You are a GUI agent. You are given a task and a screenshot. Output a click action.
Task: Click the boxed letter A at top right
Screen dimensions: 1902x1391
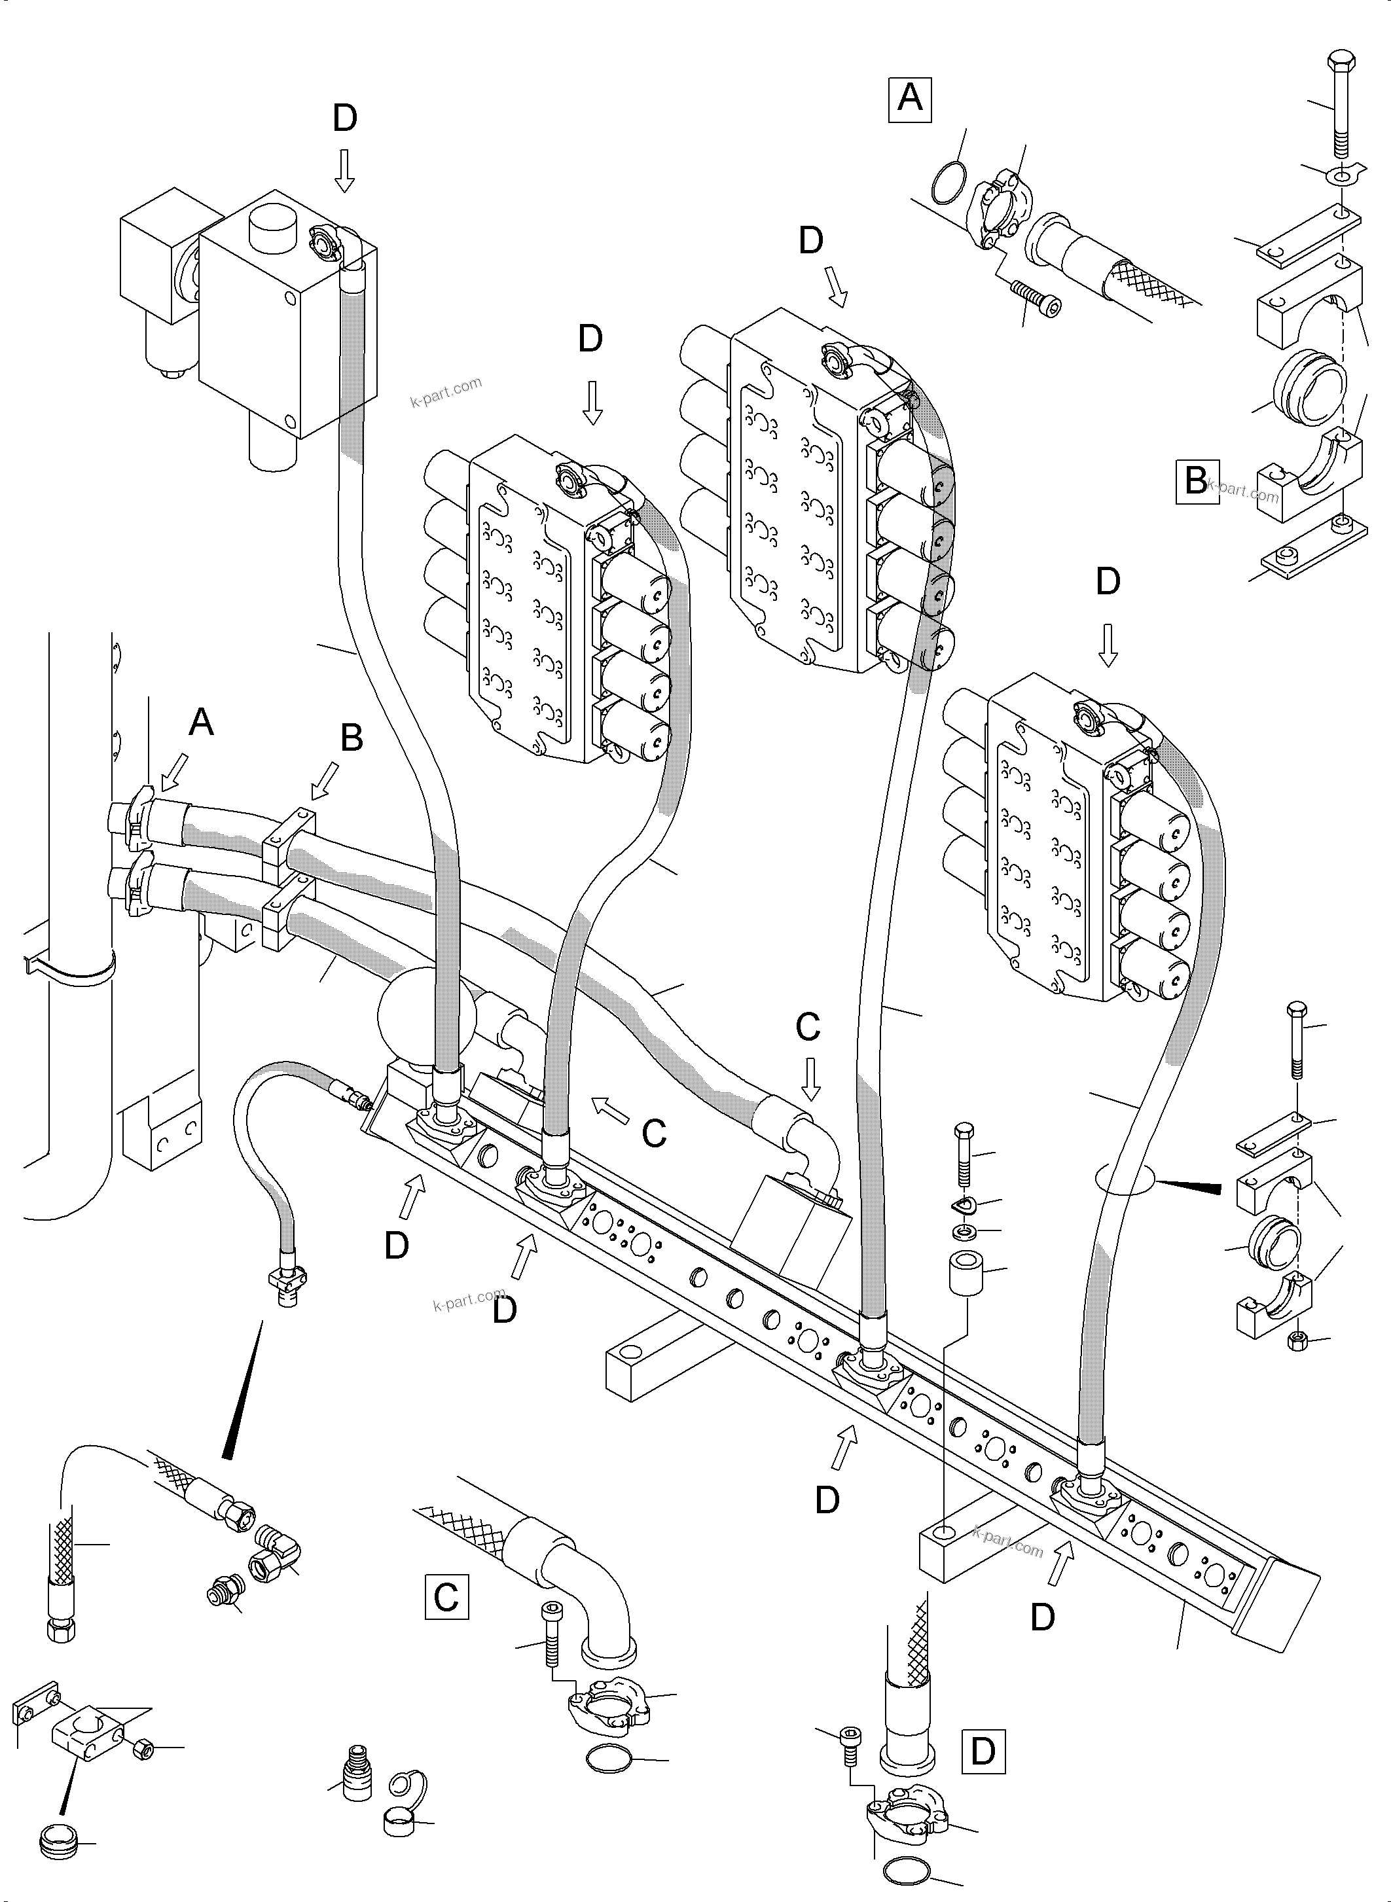click(909, 100)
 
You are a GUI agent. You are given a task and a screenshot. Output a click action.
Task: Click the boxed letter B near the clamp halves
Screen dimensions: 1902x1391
click(1197, 482)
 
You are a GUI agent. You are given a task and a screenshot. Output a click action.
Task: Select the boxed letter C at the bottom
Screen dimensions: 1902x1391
click(446, 1597)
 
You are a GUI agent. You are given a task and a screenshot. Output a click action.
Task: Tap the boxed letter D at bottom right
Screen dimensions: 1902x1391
click(983, 1752)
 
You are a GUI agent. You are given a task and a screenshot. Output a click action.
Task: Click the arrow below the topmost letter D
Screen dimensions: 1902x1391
click(344, 171)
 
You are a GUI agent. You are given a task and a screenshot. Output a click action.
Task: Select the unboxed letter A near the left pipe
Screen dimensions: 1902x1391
click(200, 721)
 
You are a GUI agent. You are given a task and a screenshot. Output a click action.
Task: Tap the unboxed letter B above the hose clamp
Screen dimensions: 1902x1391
click(351, 738)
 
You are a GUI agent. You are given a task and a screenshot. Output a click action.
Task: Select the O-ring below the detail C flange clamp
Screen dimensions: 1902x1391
click(609, 1758)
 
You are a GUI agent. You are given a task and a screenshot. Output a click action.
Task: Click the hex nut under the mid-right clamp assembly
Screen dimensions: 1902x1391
click(1297, 1340)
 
